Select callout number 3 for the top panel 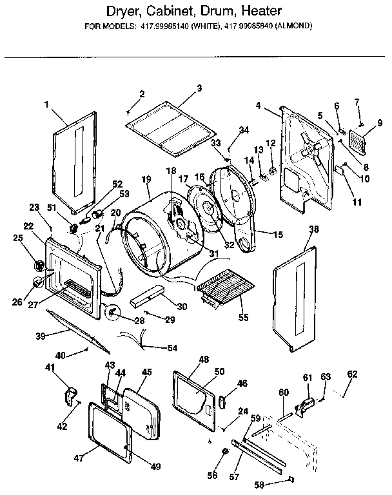(199, 88)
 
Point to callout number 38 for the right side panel (314, 228)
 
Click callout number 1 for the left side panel (47, 104)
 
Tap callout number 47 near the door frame (78, 458)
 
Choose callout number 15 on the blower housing (278, 235)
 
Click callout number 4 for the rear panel (258, 105)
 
